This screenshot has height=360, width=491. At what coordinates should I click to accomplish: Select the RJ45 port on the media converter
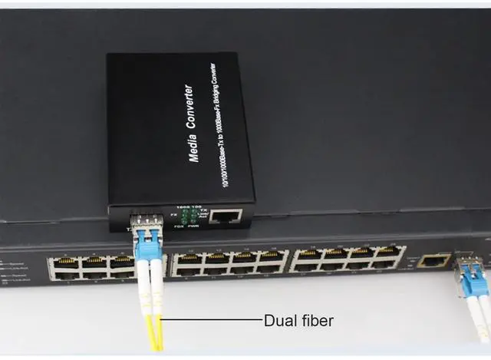225,216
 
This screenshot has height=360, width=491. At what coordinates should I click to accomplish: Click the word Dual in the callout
279,320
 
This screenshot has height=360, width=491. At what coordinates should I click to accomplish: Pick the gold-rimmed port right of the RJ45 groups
433,261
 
